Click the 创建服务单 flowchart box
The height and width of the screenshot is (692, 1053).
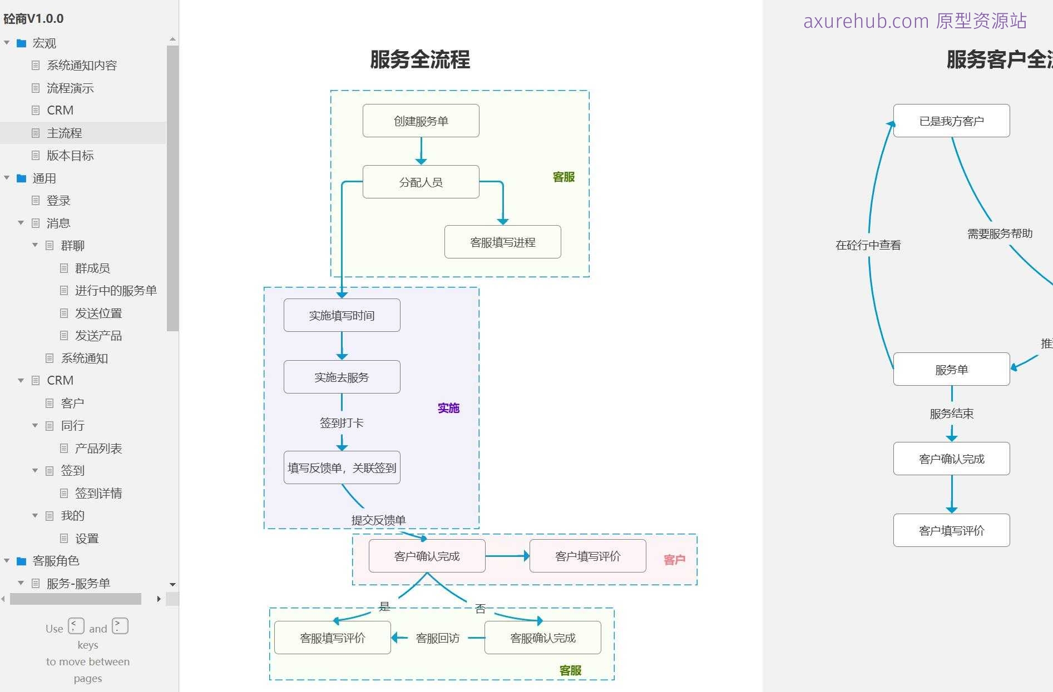point(421,121)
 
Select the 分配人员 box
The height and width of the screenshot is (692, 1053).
point(421,182)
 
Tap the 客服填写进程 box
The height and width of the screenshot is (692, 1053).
point(502,242)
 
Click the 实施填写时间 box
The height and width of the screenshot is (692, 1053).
point(342,315)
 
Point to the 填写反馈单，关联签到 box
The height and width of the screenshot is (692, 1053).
point(342,467)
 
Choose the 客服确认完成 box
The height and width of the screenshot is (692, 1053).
point(542,638)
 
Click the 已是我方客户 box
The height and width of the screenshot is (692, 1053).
point(951,121)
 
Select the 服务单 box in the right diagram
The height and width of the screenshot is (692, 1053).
point(951,369)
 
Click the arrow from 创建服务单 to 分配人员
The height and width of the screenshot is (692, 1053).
point(421,151)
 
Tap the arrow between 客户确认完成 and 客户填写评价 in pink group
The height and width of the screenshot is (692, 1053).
point(507,556)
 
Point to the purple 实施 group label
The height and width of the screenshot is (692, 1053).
point(448,408)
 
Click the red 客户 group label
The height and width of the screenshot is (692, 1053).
point(674,560)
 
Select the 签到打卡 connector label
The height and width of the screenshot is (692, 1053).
point(342,423)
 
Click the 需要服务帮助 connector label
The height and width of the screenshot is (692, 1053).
point(1000,233)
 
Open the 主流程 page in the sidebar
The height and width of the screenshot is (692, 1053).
point(65,133)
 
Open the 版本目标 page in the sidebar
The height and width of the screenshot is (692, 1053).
point(70,156)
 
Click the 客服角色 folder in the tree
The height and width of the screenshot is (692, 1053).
point(56,561)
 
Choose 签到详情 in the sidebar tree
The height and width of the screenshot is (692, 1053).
point(98,493)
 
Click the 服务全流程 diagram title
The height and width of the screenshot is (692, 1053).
point(420,59)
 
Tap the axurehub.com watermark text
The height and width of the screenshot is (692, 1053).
point(914,21)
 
